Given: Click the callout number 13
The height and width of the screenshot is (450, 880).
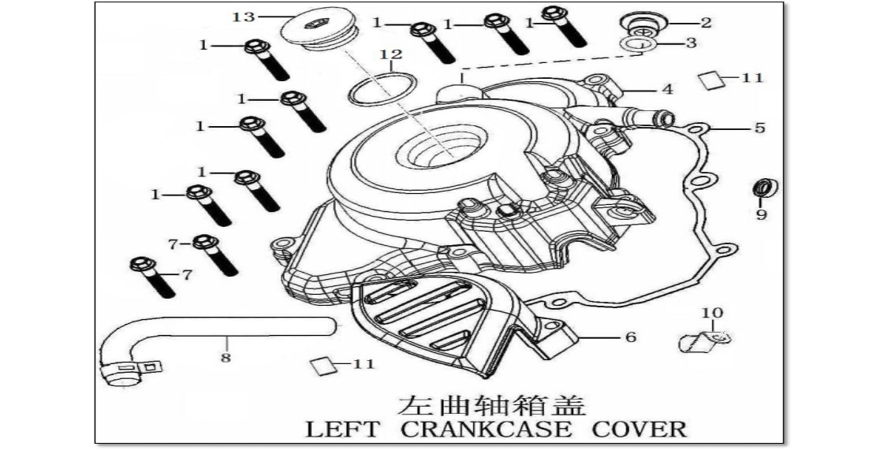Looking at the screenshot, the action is [x=244, y=17].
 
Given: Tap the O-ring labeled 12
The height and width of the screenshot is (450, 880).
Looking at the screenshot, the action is [x=382, y=87].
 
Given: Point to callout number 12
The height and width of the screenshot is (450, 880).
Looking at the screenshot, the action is [x=391, y=54].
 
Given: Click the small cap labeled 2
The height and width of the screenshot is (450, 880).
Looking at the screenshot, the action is [x=643, y=25].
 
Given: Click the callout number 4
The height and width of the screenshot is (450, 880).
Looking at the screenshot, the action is [x=667, y=89].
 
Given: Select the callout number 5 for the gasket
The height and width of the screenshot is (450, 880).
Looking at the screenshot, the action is [x=759, y=128].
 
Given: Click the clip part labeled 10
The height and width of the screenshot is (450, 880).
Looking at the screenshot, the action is [x=704, y=340].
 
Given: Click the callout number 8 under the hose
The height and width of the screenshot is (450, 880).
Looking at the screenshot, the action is [x=226, y=358].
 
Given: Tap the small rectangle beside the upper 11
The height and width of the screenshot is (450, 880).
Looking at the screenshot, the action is [x=711, y=80].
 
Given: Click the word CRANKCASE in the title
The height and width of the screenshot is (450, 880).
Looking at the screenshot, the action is [x=487, y=430].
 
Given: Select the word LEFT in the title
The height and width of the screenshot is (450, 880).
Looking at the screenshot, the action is [x=341, y=430].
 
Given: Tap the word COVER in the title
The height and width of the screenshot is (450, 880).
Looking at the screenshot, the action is [x=639, y=430].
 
